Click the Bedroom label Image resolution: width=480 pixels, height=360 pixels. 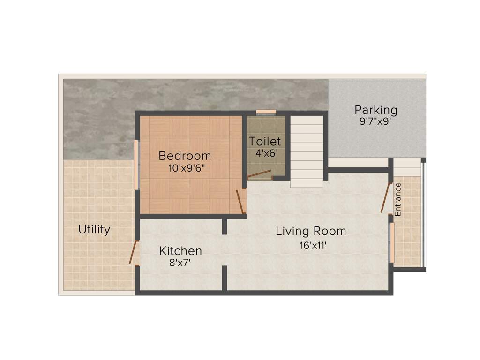click(x=185, y=156)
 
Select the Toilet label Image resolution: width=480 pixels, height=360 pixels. click(x=265, y=141)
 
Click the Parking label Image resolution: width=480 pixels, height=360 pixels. click(x=376, y=110)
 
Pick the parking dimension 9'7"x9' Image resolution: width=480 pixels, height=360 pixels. click(x=376, y=121)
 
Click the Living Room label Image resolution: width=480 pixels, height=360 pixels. click(x=311, y=231)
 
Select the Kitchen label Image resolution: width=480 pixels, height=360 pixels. click(x=180, y=251)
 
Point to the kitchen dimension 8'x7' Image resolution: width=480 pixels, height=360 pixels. click(x=180, y=263)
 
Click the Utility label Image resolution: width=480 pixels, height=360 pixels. click(x=94, y=230)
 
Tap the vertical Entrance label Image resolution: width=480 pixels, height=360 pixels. click(x=398, y=199)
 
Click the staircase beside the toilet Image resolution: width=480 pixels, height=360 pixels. click(x=307, y=150)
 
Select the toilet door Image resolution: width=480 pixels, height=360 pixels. click(x=259, y=175)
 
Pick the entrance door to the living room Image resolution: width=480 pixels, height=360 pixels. click(x=386, y=198)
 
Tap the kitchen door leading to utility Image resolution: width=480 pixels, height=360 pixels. click(x=133, y=253)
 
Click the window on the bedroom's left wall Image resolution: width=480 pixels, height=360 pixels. click(x=136, y=165)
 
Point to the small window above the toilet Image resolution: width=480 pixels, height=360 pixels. click(x=266, y=112)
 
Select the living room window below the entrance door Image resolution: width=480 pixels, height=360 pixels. click(x=392, y=242)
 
